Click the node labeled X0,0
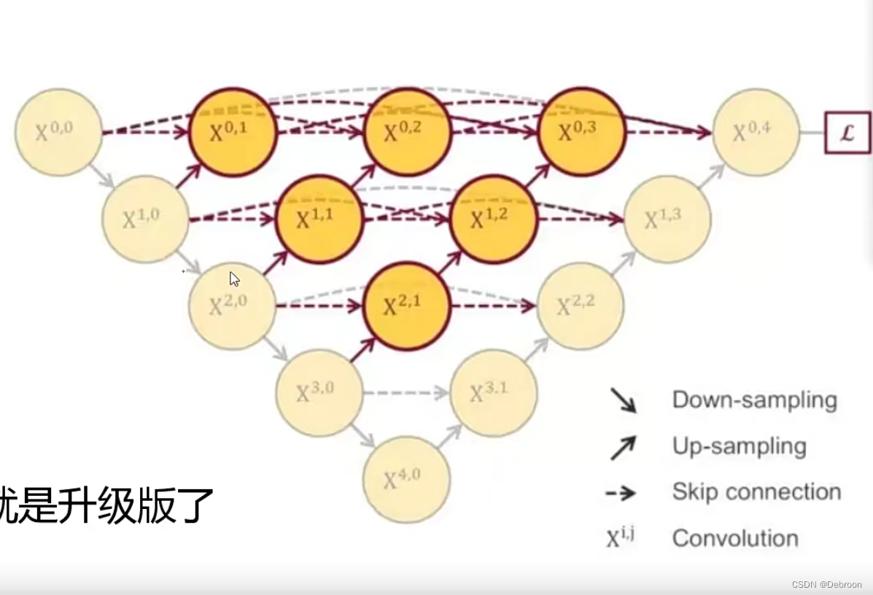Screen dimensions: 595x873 [x=58, y=132]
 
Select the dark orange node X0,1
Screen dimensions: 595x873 [x=233, y=132]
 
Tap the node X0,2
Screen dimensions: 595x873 [x=407, y=132]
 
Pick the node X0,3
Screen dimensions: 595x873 [x=581, y=132]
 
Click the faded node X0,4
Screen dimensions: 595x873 [x=756, y=132]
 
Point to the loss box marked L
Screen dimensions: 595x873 [x=847, y=133]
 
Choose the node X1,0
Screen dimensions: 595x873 [x=145, y=219]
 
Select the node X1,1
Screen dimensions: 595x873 [x=319, y=219]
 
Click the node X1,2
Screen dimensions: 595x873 [x=494, y=219]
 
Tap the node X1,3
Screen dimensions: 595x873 [x=667, y=219]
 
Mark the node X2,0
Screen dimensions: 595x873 [x=232, y=306]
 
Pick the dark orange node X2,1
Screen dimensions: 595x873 [x=406, y=306]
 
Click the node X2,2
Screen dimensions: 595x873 [x=581, y=306]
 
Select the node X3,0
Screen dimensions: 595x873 [x=319, y=393]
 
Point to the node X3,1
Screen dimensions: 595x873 [x=494, y=393]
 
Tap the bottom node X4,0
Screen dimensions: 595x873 [x=406, y=480]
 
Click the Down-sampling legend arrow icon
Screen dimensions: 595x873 [x=623, y=400]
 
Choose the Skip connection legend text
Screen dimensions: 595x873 [x=756, y=492]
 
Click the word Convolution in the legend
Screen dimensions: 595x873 [x=735, y=538]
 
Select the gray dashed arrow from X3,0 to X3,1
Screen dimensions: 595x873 [x=406, y=393]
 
